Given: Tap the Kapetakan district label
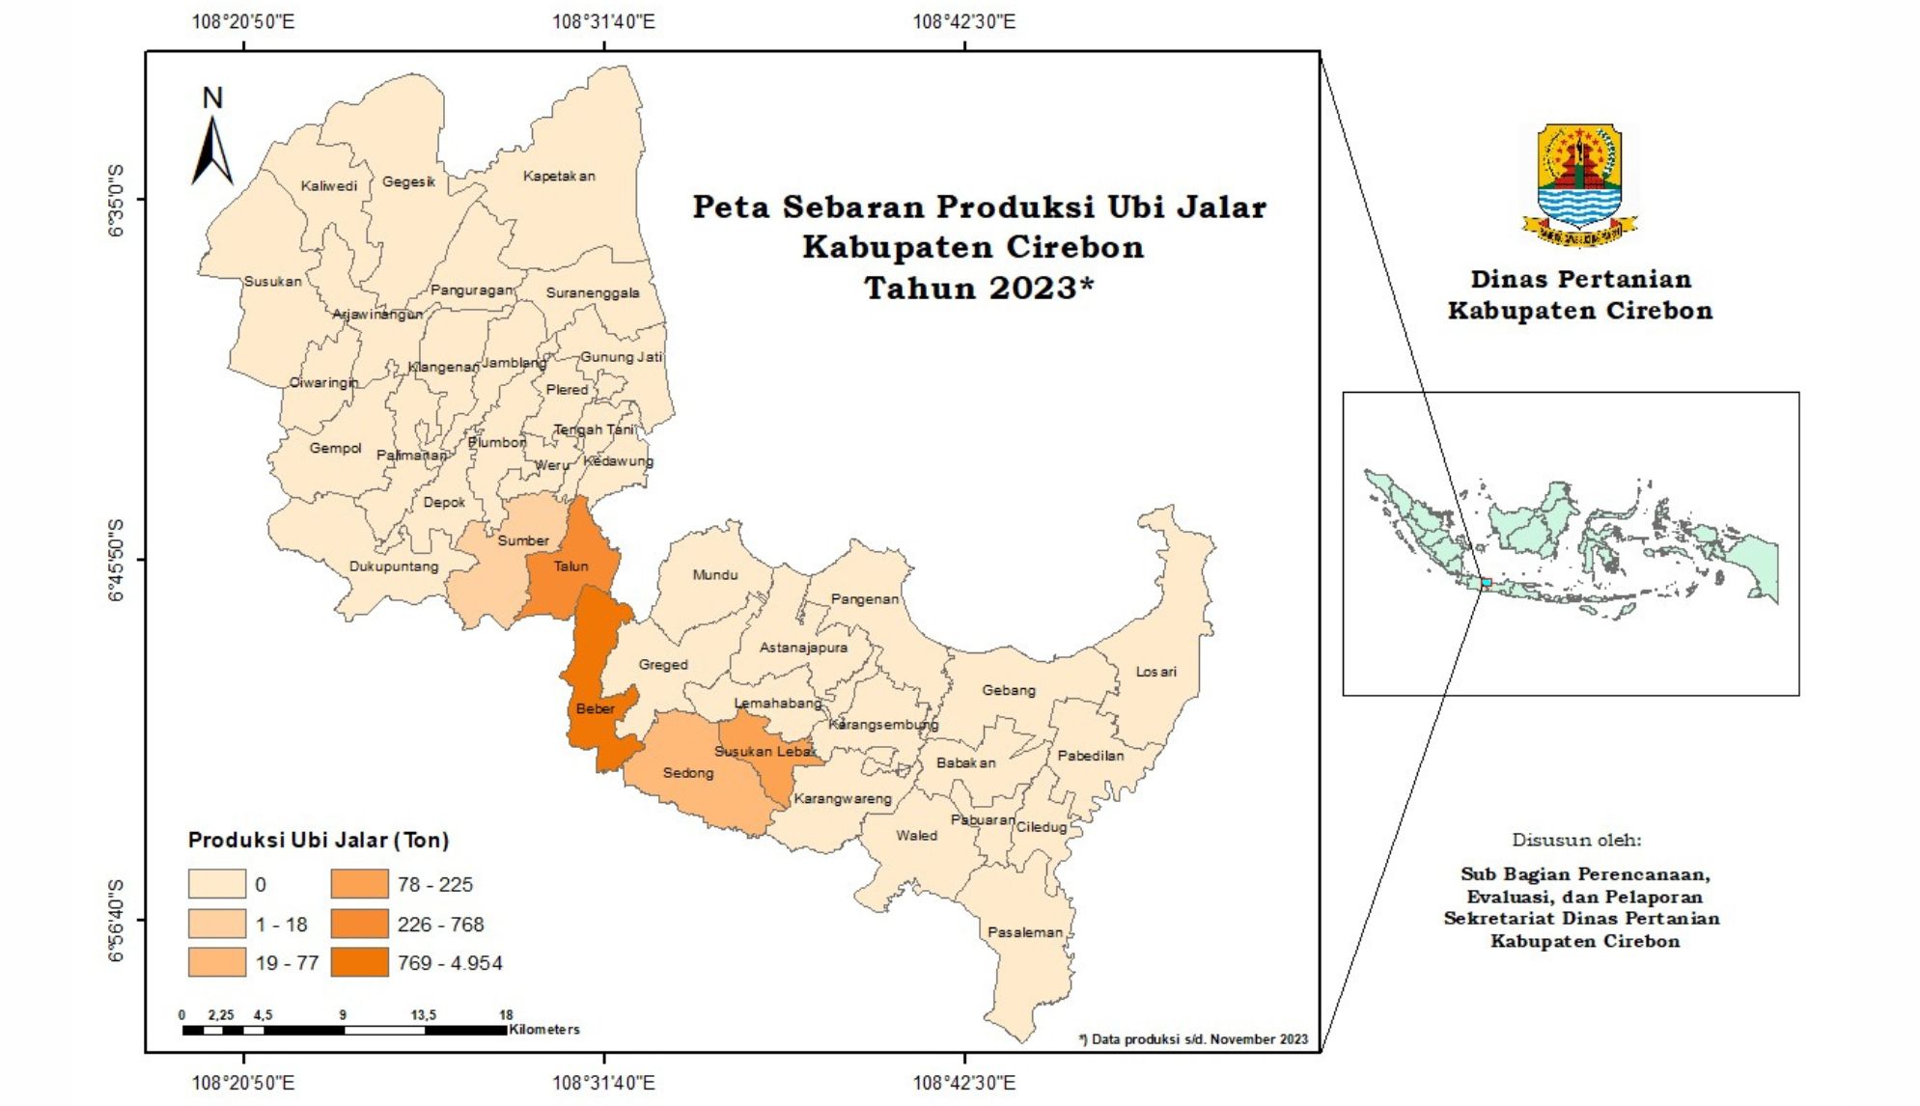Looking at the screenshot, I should [559, 176].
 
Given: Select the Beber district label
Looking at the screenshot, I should [595, 708].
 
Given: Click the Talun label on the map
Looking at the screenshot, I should [570, 567].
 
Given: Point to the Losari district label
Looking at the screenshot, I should [1155, 672].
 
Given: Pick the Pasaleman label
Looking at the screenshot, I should [1024, 932].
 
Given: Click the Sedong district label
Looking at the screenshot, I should [687, 773].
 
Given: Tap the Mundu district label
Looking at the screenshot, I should [714, 575].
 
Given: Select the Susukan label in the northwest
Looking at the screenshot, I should [272, 282].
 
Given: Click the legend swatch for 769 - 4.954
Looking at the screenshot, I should [359, 962].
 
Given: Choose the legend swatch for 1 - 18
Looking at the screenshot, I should [216, 924].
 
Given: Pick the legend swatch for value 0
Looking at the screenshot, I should [216, 884].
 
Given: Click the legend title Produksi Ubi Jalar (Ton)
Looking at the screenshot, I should [319, 840].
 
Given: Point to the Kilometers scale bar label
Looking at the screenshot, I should [544, 1030].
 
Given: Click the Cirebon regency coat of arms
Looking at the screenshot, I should [1579, 183].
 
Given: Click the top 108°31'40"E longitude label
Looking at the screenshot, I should [603, 21].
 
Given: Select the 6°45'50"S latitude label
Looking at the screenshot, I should [116, 560].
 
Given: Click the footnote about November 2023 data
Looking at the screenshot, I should [1193, 1039].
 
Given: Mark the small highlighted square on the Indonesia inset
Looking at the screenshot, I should [1487, 583].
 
